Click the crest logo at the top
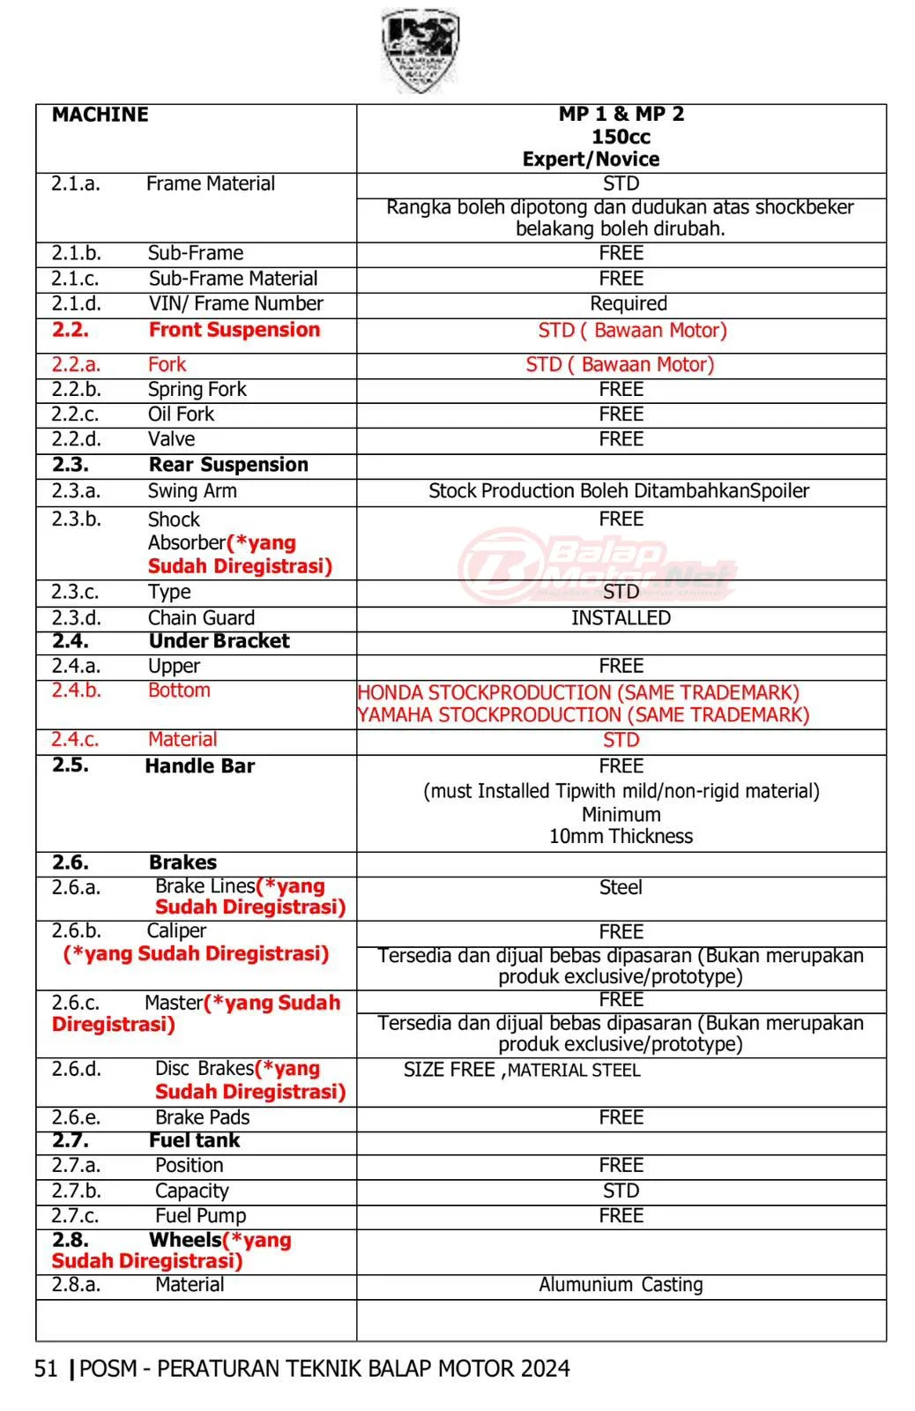(420, 51)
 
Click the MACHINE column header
(100, 115)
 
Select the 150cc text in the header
(621, 137)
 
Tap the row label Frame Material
(210, 183)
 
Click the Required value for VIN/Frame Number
(628, 304)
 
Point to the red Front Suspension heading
(234, 330)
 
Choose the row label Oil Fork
(181, 414)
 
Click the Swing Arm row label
(191, 491)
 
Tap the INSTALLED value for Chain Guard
(621, 618)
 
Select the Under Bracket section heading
(219, 641)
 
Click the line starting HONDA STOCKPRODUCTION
(578, 693)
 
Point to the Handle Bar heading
(199, 766)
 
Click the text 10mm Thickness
(621, 836)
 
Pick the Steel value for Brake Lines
(621, 888)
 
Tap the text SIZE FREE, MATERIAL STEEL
(522, 1071)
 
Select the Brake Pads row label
(202, 1117)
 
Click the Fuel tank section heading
(194, 1140)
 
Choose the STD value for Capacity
(621, 1191)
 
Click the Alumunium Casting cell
(621, 1285)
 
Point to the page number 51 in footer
(46, 1369)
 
